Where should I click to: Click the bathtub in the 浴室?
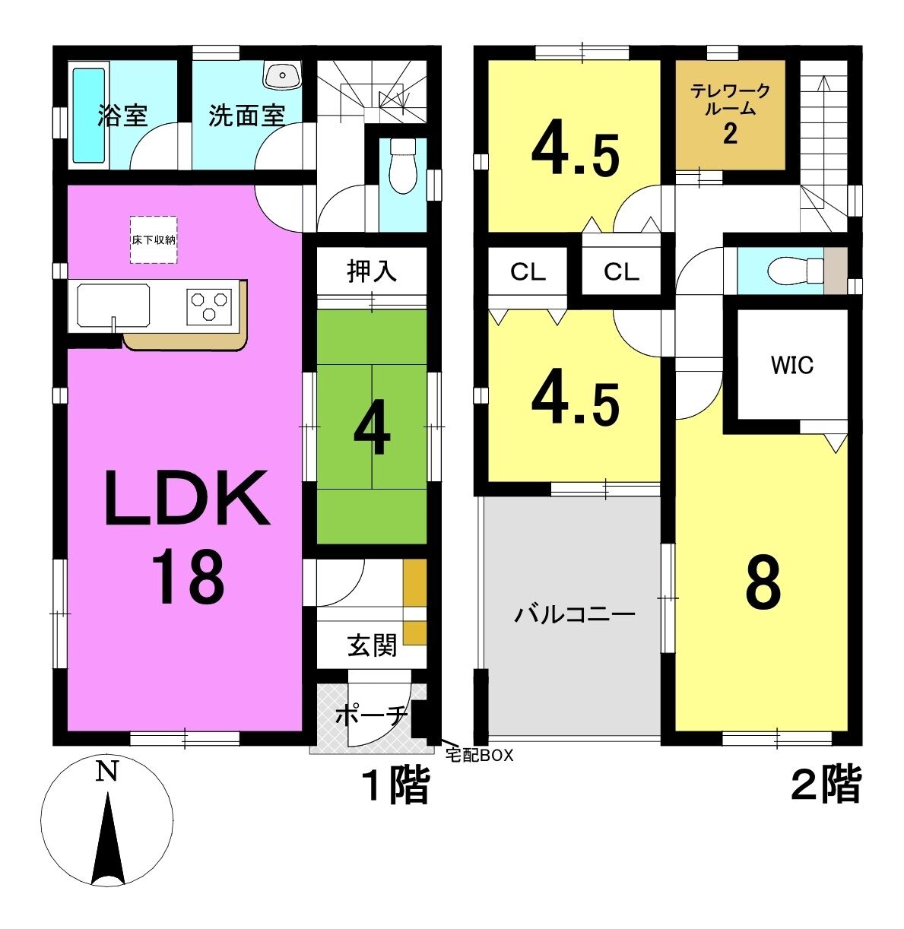(88, 116)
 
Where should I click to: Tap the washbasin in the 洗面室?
(283, 75)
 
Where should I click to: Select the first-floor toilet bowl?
(402, 166)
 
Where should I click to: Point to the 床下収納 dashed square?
(154, 239)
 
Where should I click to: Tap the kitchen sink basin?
(113, 306)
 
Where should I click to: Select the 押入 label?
(372, 271)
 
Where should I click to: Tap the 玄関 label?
(372, 645)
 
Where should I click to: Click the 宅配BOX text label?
(479, 755)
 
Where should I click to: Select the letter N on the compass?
(107, 771)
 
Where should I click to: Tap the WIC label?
(791, 366)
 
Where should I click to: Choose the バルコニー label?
(575, 615)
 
